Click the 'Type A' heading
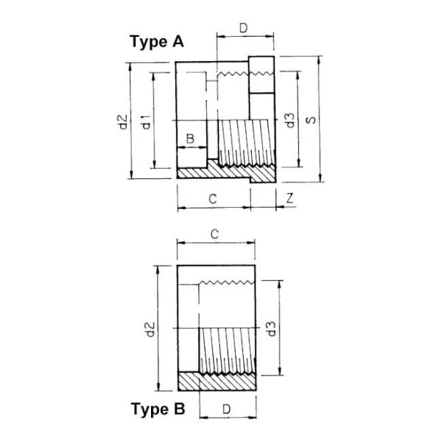pos(157,42)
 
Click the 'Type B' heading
pos(158,409)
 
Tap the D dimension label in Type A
pos(243,28)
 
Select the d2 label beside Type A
pos(123,122)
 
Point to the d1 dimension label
pos(147,122)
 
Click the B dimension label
pos(190,138)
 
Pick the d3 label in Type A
pos(290,120)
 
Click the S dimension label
pos(311,120)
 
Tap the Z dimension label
pos(290,198)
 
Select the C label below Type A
pos(213,199)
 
